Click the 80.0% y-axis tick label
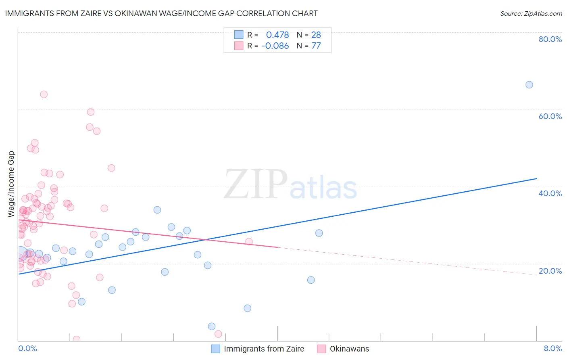click(x=550, y=39)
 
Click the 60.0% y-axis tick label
click(x=550, y=116)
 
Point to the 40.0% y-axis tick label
click(x=550, y=193)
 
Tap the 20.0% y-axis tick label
click(x=550, y=271)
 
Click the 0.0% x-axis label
click(x=27, y=348)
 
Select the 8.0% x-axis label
click(x=552, y=348)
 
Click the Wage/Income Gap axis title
click(x=11, y=184)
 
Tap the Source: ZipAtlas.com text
click(x=531, y=13)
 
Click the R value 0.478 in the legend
click(x=277, y=35)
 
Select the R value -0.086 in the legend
click(x=275, y=46)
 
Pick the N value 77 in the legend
click(x=316, y=46)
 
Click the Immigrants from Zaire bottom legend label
click(x=264, y=349)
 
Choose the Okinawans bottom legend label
click(x=349, y=349)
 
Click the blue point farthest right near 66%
click(x=529, y=85)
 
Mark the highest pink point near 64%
click(x=44, y=94)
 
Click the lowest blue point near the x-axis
click(x=212, y=327)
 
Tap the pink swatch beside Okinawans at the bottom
click(x=321, y=349)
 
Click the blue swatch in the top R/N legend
click(x=239, y=35)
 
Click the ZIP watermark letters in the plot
click(x=256, y=184)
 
